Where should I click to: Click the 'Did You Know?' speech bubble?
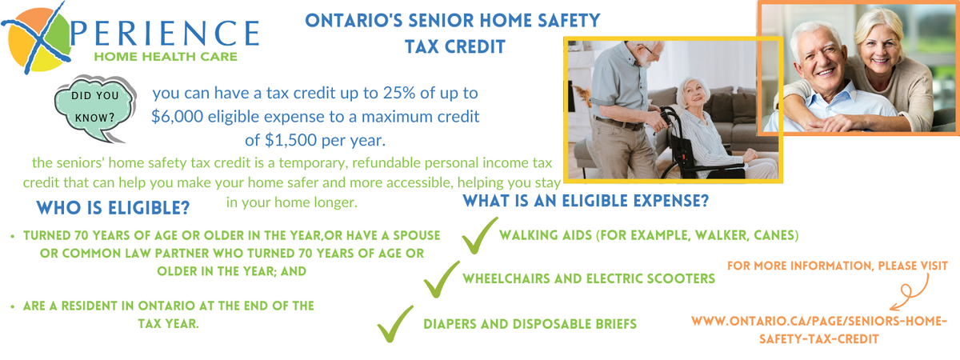[94, 107]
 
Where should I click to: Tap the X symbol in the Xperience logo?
[38, 38]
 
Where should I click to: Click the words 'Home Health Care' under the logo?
[166, 57]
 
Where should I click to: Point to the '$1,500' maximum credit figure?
[291, 140]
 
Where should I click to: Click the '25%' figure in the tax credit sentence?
[399, 93]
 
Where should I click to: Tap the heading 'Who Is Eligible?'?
[113, 208]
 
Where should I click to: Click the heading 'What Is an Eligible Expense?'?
[586, 201]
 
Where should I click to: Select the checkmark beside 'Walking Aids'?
[478, 236]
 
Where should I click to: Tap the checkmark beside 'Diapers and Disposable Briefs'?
[394, 324]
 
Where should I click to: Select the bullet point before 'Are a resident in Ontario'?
[13, 306]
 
